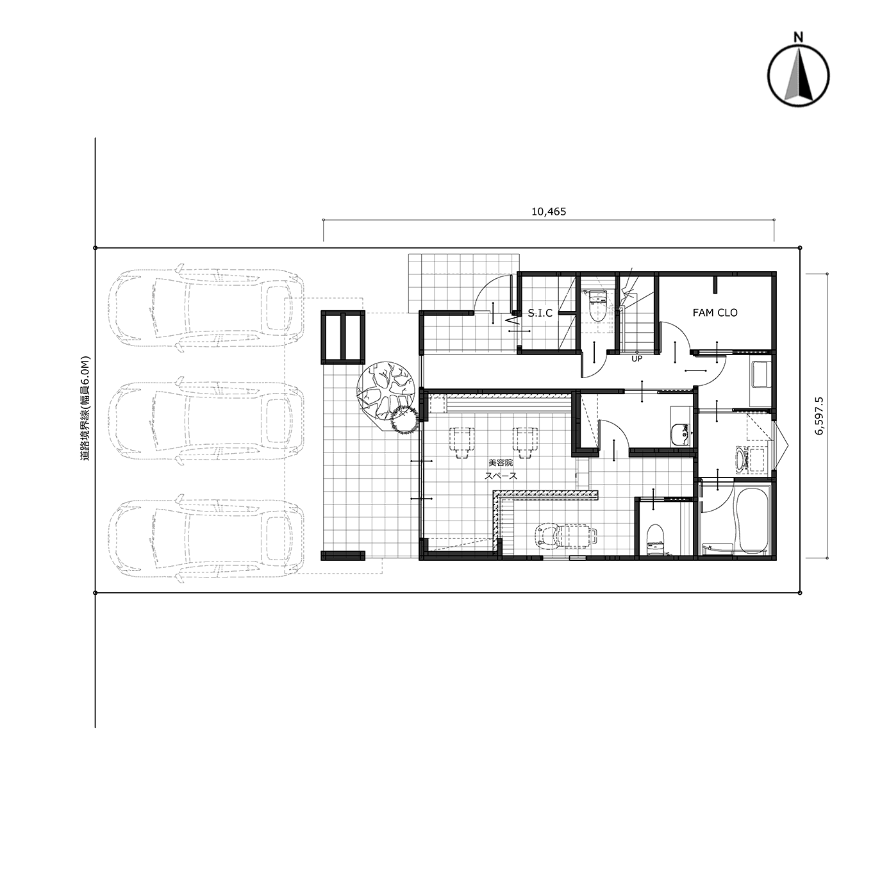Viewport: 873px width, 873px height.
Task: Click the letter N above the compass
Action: tap(799, 37)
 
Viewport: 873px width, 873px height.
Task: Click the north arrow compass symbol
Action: tap(799, 76)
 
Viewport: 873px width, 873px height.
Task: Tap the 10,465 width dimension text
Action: tap(549, 211)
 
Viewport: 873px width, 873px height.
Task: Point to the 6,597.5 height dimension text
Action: tap(819, 416)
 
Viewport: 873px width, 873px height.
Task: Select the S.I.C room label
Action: tap(540, 313)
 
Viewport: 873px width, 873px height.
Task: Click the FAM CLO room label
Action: tap(715, 313)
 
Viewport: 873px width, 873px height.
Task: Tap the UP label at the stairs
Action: tap(637, 358)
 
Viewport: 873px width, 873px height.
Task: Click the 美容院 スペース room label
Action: tap(501, 469)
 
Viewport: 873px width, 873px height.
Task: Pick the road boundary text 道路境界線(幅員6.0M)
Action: tap(86, 408)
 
